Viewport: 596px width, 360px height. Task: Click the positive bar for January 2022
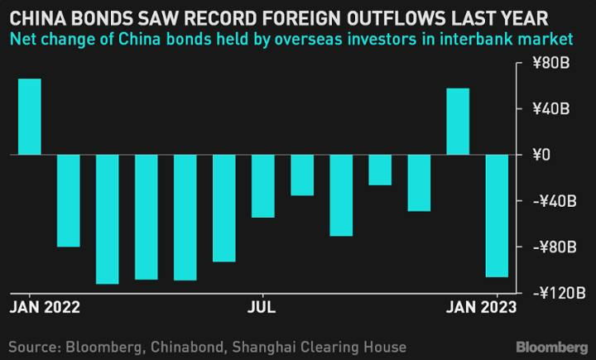[29, 116]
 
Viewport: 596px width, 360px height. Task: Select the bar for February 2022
[68, 200]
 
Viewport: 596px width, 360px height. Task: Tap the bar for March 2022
[107, 218]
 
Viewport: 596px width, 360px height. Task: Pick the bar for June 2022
[223, 208]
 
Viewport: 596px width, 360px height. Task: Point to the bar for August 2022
[301, 175]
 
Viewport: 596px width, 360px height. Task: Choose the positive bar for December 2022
[458, 121]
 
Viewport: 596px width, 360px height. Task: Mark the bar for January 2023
[497, 215]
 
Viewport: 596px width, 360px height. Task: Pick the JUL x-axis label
[262, 307]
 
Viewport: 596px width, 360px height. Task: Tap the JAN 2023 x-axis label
[481, 307]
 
